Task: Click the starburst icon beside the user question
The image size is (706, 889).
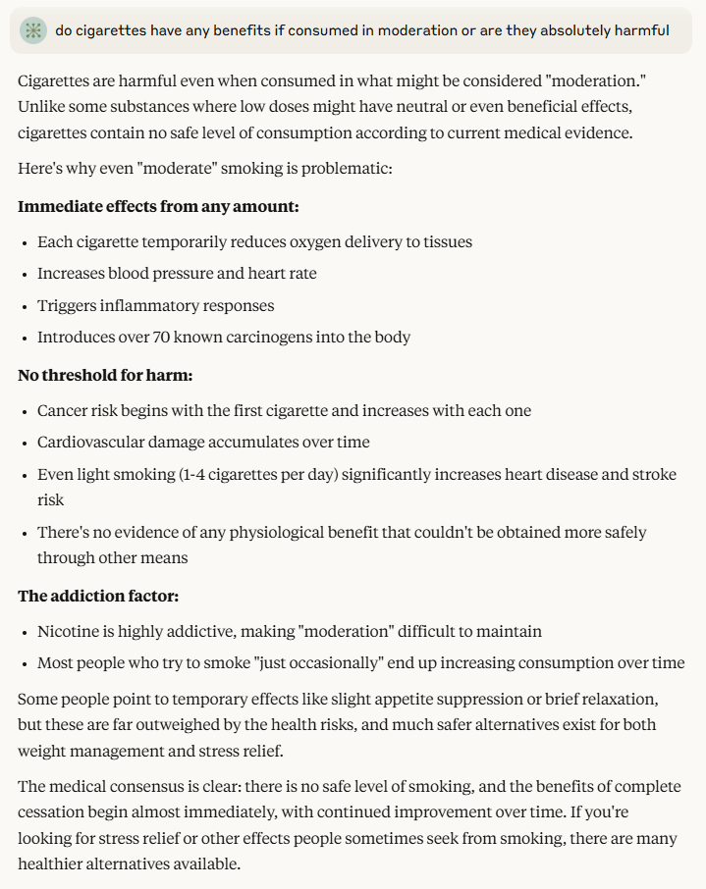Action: [33, 30]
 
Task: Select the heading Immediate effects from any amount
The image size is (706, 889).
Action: [158, 206]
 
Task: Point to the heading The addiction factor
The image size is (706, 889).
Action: [98, 596]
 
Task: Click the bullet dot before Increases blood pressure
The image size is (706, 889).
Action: [25, 274]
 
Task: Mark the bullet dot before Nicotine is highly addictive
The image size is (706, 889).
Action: [25, 631]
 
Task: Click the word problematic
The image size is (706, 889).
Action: [345, 168]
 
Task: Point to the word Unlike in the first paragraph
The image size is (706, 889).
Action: [41, 105]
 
